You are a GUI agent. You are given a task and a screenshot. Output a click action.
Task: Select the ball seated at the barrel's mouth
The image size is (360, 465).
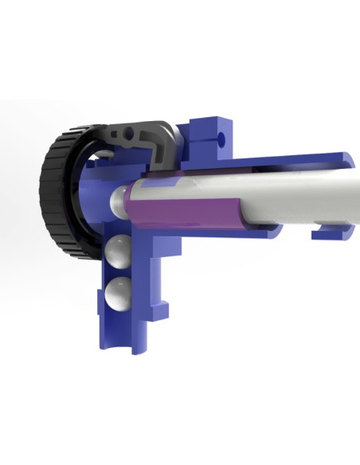coord(120,200)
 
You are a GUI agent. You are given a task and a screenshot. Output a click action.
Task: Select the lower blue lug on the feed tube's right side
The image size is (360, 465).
coord(165,307)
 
